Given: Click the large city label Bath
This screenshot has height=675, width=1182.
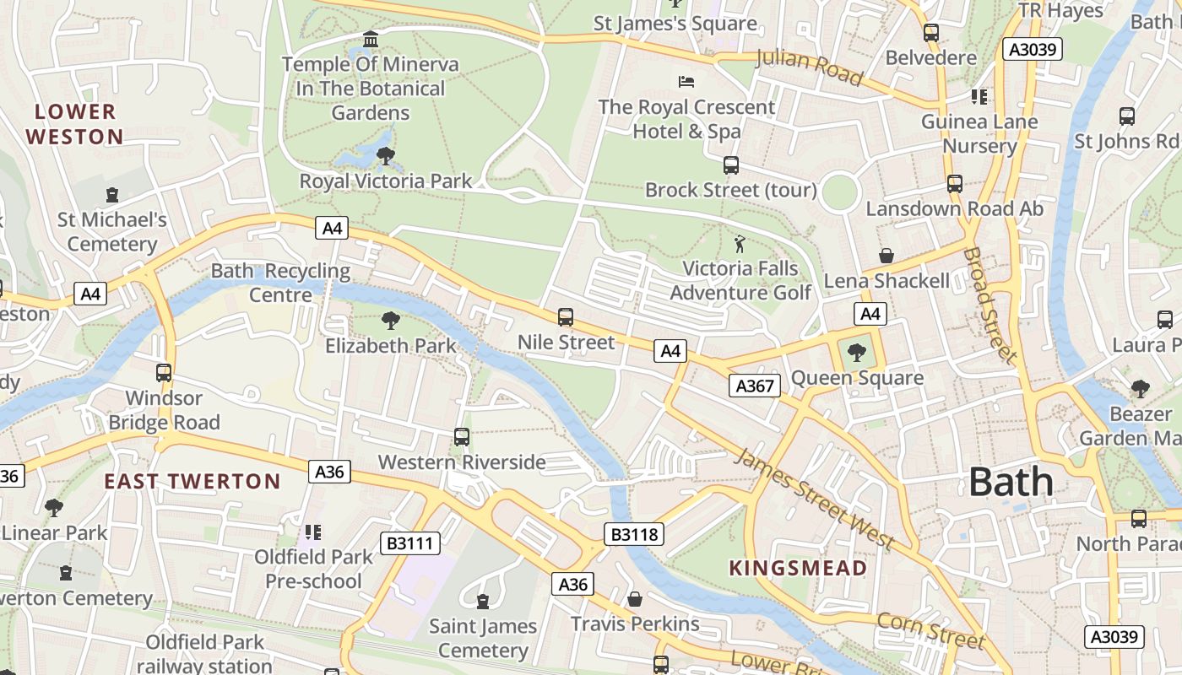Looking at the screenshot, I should point(1011,482).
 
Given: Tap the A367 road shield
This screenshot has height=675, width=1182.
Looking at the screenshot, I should point(754,386).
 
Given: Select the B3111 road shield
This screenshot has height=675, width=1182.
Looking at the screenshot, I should point(410,543).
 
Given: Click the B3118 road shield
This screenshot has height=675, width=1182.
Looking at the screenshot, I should point(634,533).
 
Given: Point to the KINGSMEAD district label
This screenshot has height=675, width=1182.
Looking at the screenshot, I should point(798,568).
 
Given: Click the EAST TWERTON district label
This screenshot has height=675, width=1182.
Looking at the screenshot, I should point(192,482).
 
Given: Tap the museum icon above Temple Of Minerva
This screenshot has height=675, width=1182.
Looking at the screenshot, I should point(370,40).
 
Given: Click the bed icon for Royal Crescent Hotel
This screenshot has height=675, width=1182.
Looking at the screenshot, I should point(686,82).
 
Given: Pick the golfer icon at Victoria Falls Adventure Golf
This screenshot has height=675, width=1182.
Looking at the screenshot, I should point(740,244).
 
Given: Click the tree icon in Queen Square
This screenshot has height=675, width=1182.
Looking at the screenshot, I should point(857,353).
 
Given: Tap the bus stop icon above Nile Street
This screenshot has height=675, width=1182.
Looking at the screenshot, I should point(566,317).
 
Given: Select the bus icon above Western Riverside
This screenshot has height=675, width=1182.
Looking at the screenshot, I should point(462,436).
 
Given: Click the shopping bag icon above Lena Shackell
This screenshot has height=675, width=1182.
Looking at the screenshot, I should point(886,255).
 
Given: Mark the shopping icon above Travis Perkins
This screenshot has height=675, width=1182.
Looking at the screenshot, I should point(635,598).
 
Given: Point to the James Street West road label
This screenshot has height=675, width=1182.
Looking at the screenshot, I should point(813,498).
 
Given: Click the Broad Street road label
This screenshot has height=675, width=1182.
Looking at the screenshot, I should point(989,305).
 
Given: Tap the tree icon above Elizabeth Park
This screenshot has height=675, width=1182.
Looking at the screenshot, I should point(390,321).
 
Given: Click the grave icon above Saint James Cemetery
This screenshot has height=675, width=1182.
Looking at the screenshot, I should point(483,601).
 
